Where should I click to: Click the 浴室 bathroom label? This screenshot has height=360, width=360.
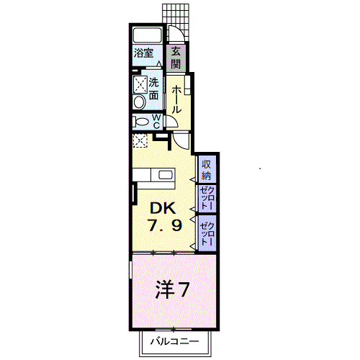pos(143,53)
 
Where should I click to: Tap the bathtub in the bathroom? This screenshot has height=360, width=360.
pos(149,35)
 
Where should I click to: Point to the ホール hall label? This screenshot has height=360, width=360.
pos(176,98)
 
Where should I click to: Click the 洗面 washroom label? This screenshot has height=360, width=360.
pos(154,89)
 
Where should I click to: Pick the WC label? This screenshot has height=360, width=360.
pos(156,120)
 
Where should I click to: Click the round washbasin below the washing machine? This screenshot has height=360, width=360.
pos(140,102)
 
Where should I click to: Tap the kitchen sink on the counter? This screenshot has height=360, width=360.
pos(166,175)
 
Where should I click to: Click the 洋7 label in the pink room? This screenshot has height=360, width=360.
pos(172,290)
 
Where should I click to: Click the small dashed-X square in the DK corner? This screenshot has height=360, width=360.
pos(140,142)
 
